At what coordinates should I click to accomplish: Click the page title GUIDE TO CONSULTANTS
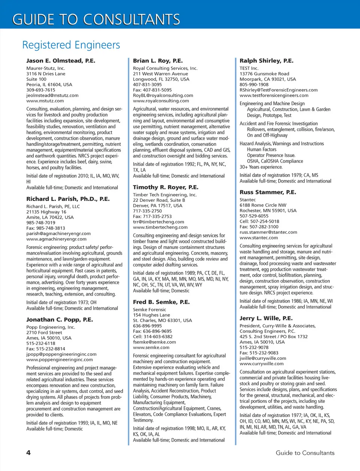point(96,19)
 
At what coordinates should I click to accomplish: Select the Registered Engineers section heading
point(71,45)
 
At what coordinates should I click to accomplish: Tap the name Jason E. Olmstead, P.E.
point(61,61)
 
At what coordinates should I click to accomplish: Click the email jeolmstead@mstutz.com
point(52,95)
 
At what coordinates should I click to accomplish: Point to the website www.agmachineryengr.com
point(56,239)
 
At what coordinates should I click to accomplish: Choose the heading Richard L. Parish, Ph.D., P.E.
point(68,199)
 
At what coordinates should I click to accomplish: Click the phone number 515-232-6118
point(40,343)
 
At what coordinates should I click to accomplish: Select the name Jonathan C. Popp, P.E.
point(60,319)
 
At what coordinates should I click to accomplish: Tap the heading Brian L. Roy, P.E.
point(158,61)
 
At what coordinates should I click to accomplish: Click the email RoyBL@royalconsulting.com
point(163,95)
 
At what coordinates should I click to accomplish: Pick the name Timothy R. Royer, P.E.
point(166,187)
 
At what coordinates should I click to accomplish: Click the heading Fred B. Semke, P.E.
point(161,302)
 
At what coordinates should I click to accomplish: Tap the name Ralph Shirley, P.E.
point(267,61)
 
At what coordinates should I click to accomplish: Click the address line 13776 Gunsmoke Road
point(264,74)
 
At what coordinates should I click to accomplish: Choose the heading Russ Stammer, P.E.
point(268,192)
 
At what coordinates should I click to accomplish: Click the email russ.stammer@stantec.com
point(268,232)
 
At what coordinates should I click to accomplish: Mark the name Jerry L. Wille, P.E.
point(266,318)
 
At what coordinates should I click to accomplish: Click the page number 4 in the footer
point(28,453)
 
